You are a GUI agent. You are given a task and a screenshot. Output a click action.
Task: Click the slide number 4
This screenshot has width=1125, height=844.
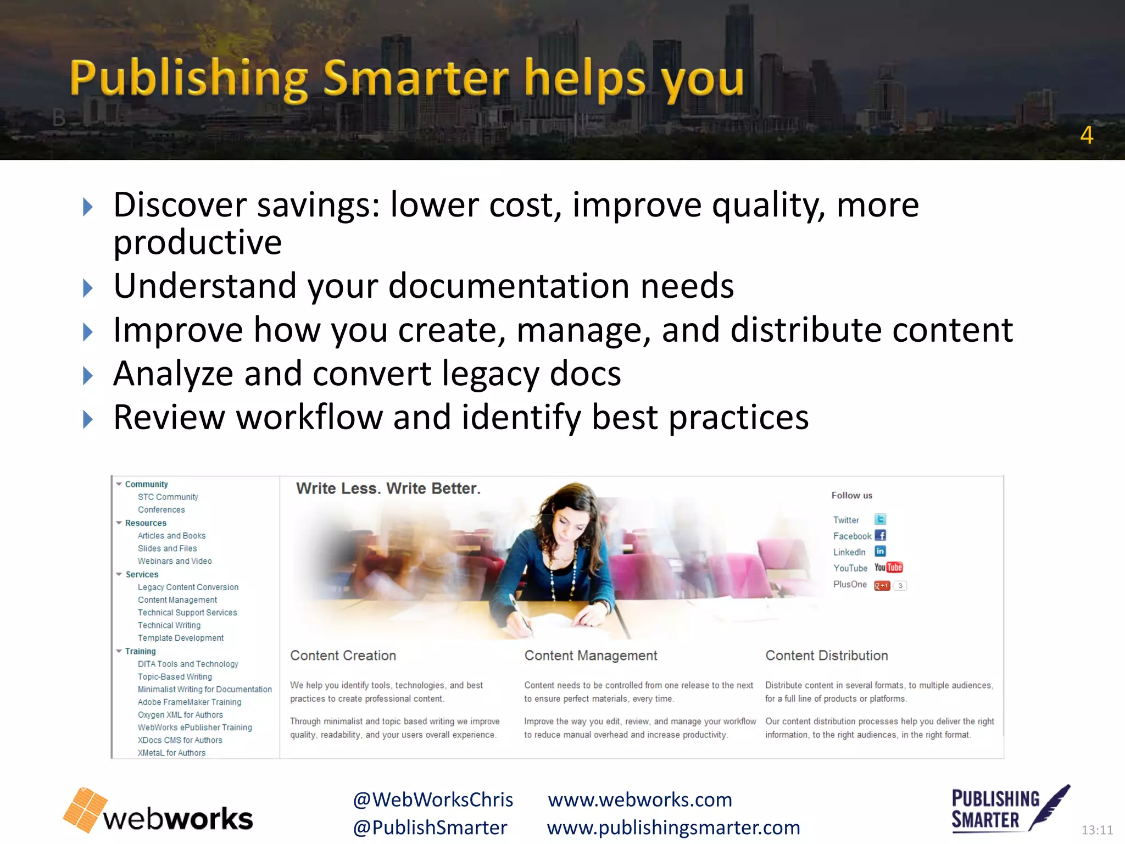(x=1086, y=135)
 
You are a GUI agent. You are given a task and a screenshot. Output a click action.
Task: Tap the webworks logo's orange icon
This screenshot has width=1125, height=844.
(x=85, y=809)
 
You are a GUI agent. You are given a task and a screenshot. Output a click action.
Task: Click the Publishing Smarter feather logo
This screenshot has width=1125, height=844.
(x=1010, y=809)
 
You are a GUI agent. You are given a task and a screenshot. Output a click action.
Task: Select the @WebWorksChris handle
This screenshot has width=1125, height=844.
(x=433, y=799)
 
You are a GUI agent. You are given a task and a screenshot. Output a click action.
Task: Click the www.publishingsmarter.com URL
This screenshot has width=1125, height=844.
(x=673, y=828)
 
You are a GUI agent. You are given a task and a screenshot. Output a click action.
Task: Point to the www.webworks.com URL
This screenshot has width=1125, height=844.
(x=640, y=799)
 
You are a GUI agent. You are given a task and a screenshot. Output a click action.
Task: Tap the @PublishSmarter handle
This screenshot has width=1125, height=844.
(x=430, y=828)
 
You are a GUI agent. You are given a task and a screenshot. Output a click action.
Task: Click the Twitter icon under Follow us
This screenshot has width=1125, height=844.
(x=880, y=519)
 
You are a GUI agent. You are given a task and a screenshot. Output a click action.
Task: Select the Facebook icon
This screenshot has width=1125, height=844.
(x=880, y=535)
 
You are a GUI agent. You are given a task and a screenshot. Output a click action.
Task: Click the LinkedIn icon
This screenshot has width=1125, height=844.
(x=880, y=551)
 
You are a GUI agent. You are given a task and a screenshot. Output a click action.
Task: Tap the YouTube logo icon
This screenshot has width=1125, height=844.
(x=888, y=568)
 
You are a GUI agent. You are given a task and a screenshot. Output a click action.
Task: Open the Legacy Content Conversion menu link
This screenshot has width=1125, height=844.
(x=188, y=587)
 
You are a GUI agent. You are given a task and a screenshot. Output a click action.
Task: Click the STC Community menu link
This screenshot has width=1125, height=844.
(x=168, y=497)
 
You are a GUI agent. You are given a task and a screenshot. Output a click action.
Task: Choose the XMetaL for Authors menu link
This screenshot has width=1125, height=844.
(x=171, y=753)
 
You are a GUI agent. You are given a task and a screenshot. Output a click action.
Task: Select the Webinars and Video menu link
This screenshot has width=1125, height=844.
(x=175, y=561)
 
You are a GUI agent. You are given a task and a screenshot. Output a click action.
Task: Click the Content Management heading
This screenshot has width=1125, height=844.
(x=591, y=656)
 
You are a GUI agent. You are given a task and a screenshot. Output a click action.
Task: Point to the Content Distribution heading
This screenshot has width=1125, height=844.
(x=826, y=656)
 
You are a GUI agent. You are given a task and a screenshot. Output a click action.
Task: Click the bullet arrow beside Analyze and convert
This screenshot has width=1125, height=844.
(x=87, y=376)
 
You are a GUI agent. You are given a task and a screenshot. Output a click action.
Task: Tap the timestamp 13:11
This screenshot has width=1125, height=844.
(x=1096, y=830)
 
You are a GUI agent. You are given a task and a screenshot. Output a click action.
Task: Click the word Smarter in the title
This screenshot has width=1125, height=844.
(x=416, y=78)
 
